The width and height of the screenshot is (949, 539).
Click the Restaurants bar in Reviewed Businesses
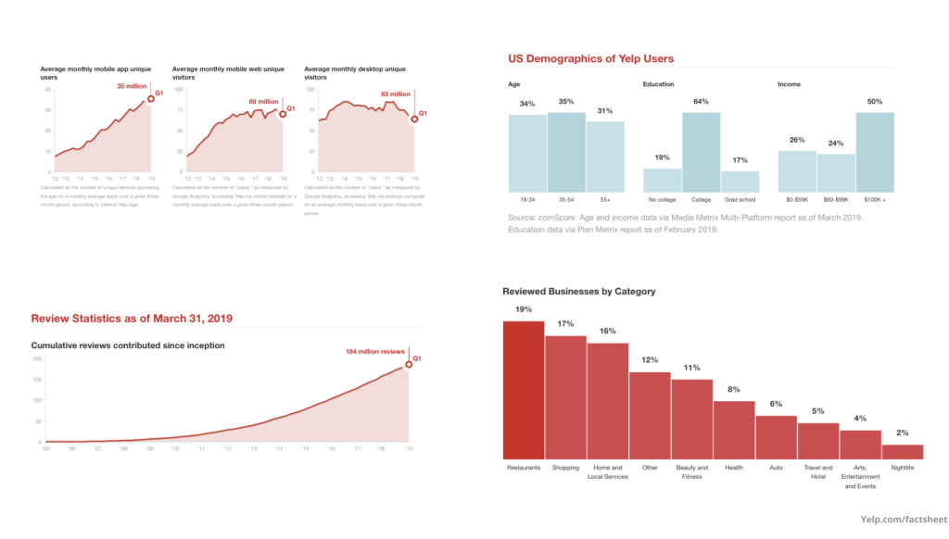click(524, 390)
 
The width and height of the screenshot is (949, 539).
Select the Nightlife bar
click(902, 452)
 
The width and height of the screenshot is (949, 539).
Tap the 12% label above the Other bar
click(650, 360)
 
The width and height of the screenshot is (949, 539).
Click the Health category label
click(734, 468)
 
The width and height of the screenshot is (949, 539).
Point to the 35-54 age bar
click(565, 152)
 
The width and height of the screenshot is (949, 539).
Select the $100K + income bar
click(875, 152)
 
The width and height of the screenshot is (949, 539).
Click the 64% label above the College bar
click(701, 101)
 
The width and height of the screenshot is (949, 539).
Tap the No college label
click(662, 200)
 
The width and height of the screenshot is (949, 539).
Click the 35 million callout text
click(132, 86)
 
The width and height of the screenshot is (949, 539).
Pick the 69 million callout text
click(264, 102)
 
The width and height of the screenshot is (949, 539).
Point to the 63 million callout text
click(396, 94)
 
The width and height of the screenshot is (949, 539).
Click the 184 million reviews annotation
click(375, 352)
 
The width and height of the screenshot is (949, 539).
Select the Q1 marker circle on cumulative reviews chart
click(408, 363)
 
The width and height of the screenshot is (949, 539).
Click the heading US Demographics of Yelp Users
click(590, 59)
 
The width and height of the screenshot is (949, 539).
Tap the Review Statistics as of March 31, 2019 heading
click(131, 319)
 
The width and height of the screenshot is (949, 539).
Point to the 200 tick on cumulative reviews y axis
click(38, 358)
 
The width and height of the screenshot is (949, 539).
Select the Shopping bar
click(565, 397)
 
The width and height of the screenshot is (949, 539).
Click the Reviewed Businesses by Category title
click(578, 292)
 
